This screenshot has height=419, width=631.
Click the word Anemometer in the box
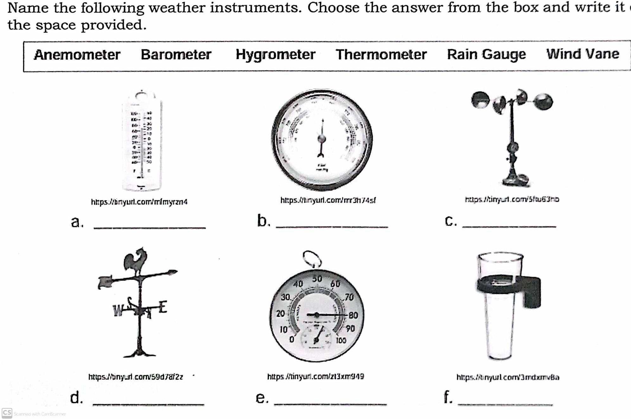(77, 55)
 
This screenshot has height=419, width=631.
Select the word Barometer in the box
(176, 54)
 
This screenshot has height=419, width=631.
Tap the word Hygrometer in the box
(275, 54)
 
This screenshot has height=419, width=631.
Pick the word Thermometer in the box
(381, 54)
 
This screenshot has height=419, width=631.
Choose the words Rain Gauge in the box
(486, 54)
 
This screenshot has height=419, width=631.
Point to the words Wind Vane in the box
(582, 54)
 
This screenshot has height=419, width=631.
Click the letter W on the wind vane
(118, 311)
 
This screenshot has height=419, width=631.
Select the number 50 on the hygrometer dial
(317, 279)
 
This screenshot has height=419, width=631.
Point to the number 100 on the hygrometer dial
(341, 340)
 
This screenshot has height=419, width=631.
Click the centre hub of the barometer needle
(322, 139)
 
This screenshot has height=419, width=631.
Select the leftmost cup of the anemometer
(480, 100)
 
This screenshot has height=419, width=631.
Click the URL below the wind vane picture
(136, 377)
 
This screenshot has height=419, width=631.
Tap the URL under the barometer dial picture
(328, 200)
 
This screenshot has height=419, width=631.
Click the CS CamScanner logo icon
(7, 413)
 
